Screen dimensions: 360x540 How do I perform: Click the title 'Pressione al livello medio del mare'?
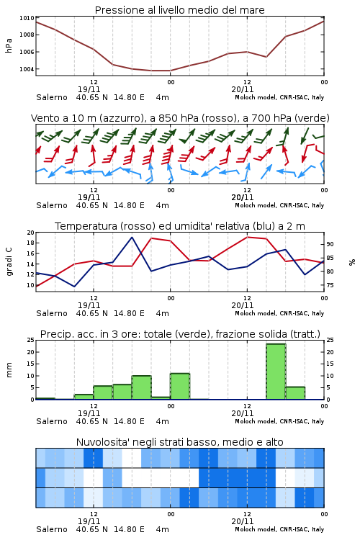click(x=179, y=10)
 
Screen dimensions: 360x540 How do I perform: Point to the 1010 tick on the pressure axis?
click(x=27, y=18)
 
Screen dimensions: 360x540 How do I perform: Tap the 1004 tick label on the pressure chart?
click(x=27, y=69)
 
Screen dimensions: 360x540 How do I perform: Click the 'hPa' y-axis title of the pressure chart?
click(x=9, y=45)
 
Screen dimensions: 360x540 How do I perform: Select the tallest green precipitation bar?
click(x=276, y=372)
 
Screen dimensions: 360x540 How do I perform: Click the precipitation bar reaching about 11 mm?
click(x=180, y=387)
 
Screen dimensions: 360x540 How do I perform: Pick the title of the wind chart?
click(x=180, y=118)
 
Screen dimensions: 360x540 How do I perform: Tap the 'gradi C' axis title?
click(x=9, y=261)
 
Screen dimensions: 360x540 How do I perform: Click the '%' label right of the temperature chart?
click(x=352, y=262)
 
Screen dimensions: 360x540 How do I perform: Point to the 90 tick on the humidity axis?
click(x=330, y=244)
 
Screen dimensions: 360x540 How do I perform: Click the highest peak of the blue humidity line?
click(x=132, y=238)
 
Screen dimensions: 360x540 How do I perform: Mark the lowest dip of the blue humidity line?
click(x=74, y=287)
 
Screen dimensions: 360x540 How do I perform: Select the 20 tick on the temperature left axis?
click(x=30, y=233)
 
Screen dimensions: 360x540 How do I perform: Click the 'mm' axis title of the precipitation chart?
click(x=9, y=370)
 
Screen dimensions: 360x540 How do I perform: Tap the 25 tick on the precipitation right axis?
click(x=330, y=340)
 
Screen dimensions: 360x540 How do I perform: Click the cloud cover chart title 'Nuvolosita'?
click(x=179, y=442)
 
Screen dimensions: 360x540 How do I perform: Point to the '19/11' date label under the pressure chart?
click(x=89, y=89)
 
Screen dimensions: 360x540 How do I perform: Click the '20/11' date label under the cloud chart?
click(x=243, y=521)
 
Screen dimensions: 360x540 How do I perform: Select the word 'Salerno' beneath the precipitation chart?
click(x=52, y=421)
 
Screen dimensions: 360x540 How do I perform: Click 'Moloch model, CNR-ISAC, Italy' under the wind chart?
click(x=279, y=205)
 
